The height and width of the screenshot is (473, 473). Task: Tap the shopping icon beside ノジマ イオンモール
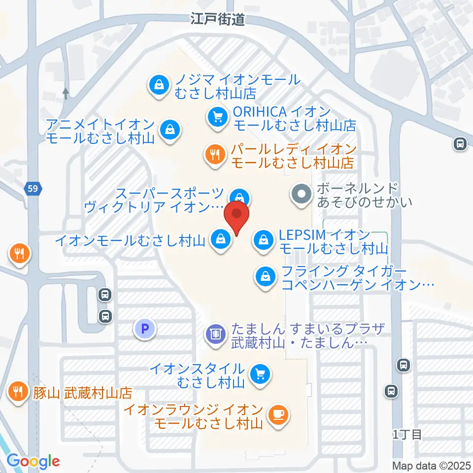pos(159,86)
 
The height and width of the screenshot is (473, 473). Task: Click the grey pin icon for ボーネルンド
pos(301,195)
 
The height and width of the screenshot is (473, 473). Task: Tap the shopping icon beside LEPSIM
pos(264,240)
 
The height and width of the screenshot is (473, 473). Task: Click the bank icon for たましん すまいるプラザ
pos(215,335)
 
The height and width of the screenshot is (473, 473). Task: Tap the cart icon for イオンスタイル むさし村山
pos(259,375)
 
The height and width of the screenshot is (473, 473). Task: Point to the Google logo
pos(34,461)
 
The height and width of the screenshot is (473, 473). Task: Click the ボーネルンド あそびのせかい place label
pos(364,195)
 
